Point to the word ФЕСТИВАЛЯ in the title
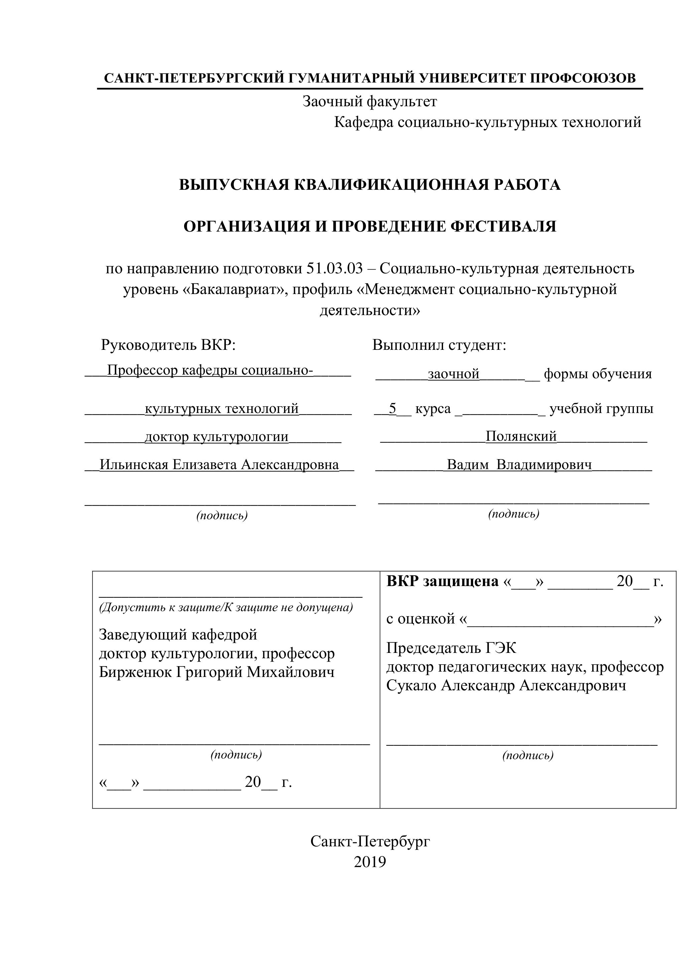[503, 227]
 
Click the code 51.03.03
[334, 269]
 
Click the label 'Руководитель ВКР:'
[168, 345]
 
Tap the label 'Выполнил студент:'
[439, 345]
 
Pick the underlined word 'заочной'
[453, 374]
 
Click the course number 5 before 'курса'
[392, 409]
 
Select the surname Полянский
[521, 436]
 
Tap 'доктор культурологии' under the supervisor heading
[217, 437]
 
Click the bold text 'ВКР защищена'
[442, 581]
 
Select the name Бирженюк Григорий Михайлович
[217, 672]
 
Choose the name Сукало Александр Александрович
[506, 686]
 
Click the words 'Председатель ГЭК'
[451, 648]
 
